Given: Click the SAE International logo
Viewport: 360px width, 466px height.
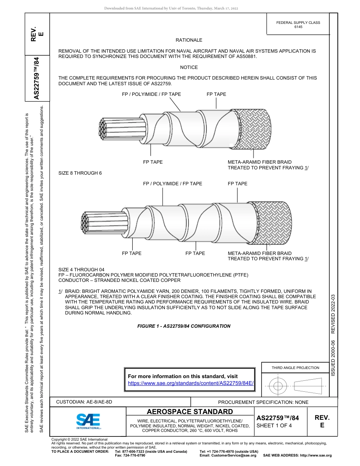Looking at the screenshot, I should tap(88, 421).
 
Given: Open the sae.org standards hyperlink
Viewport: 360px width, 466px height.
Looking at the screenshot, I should tap(191, 383).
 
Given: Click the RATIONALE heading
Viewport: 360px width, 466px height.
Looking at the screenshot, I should tap(189, 40).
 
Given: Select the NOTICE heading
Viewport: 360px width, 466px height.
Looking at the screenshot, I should tap(189, 67).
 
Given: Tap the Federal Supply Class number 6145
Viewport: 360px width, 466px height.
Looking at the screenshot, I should tap(298, 27).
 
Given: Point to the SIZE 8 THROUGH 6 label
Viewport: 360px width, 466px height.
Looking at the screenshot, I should tap(80, 173).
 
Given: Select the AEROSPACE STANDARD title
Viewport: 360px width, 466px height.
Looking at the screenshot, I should tap(190, 412).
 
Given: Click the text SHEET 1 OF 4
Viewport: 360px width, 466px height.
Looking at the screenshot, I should tap(274, 425).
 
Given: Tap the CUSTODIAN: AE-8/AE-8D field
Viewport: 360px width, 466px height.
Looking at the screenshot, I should tap(84, 402).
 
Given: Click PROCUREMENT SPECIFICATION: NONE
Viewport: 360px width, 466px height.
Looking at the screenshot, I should tap(263, 402).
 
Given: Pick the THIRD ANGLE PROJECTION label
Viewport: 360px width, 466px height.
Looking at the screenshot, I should tap(295, 367).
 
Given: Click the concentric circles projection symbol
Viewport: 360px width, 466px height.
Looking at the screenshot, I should tap(278, 386).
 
